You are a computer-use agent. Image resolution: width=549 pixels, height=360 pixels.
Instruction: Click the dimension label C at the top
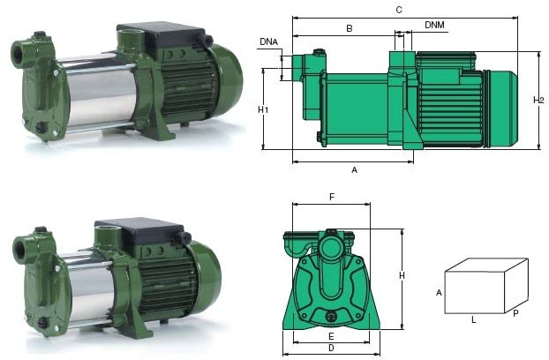tap(399, 10)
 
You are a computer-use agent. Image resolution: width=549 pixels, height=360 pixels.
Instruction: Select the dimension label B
tap(349, 28)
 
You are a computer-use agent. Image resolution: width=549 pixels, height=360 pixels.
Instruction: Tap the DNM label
tap(434, 25)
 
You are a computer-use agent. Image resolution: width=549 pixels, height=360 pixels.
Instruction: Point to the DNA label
tap(268, 42)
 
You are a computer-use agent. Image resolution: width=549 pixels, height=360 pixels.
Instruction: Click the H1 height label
tap(263, 110)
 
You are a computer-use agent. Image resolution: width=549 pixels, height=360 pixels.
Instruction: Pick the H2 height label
tap(538, 101)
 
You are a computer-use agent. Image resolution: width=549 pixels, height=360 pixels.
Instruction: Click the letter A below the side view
tap(354, 170)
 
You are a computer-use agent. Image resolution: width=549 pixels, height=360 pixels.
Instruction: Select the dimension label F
tap(332, 197)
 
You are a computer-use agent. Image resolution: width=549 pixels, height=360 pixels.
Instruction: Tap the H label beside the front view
tap(402, 275)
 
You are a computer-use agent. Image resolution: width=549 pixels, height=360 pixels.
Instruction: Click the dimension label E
tap(331, 336)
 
